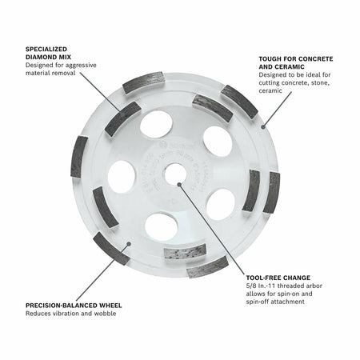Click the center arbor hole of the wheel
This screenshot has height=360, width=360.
pos(179,182)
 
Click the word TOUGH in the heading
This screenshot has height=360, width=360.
pos(271,59)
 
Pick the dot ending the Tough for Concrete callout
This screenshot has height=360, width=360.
pos(262,128)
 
